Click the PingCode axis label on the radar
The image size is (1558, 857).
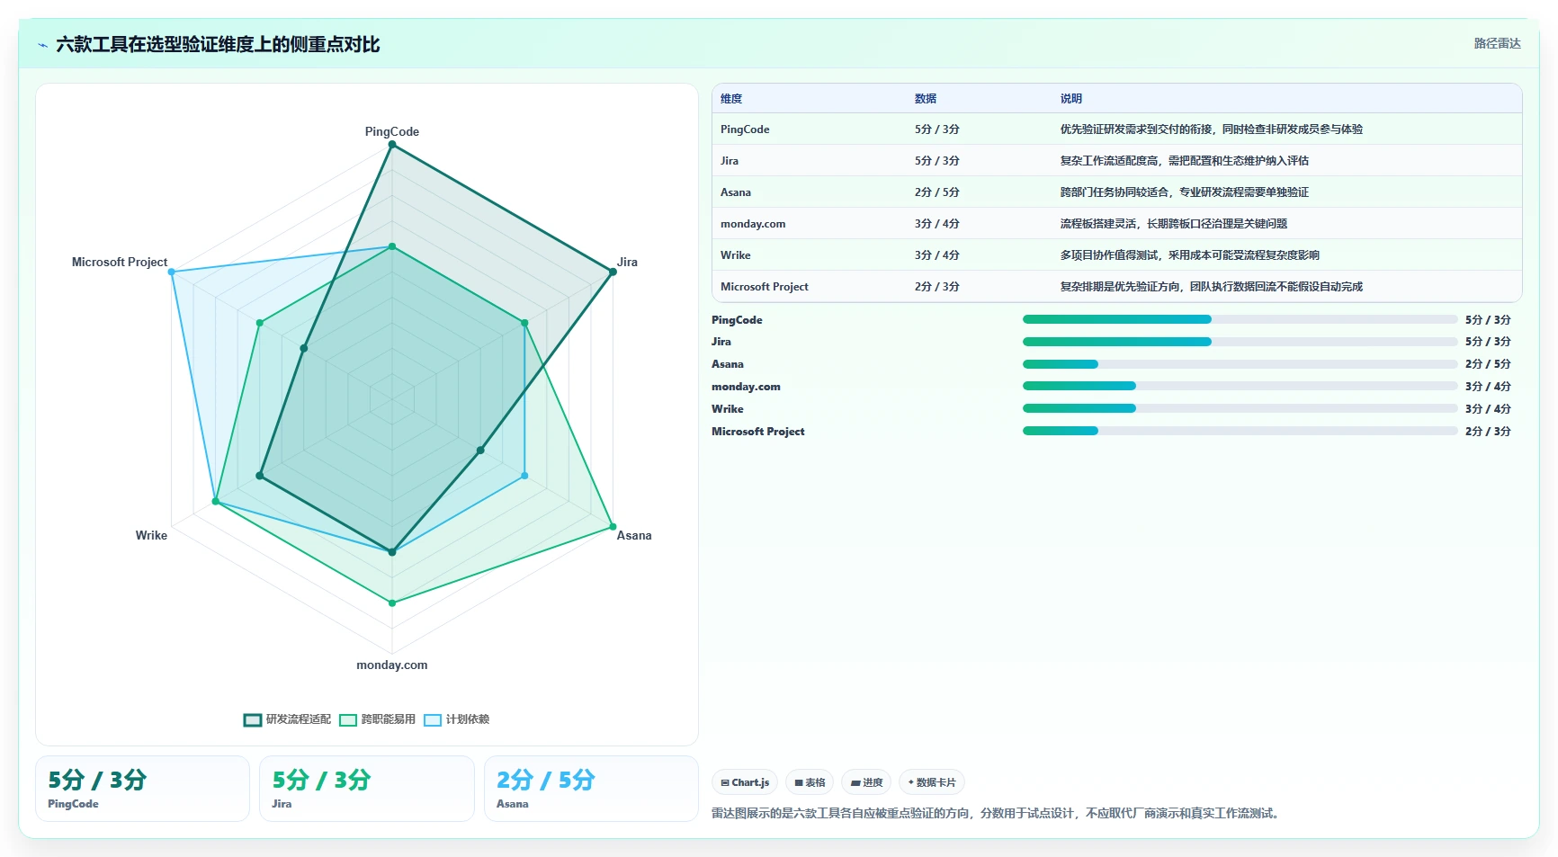click(x=391, y=131)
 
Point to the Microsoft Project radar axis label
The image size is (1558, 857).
click(x=120, y=262)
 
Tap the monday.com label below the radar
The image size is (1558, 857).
click(x=391, y=665)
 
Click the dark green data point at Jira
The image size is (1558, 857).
click(x=613, y=272)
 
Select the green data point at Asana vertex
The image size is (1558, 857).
click(x=613, y=526)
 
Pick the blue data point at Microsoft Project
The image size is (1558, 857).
click(x=172, y=272)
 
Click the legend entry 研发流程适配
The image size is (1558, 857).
click(x=287, y=719)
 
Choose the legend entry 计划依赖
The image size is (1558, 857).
click(x=457, y=719)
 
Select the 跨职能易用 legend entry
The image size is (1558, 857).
click(x=378, y=719)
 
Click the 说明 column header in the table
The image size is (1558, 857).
click(x=1070, y=99)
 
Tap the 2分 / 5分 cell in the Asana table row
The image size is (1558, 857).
click(x=936, y=192)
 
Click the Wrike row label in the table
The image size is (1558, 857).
click(x=735, y=255)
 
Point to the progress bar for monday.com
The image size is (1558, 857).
click(x=1240, y=386)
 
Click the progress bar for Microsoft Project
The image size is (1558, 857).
click(x=1240, y=431)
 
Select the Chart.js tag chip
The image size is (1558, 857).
click(x=745, y=782)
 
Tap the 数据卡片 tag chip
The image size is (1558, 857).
click(x=931, y=782)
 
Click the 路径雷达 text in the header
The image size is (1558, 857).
click(x=1497, y=43)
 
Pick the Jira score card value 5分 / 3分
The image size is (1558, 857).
click(x=321, y=780)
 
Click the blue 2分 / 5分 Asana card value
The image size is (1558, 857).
click(x=545, y=780)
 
